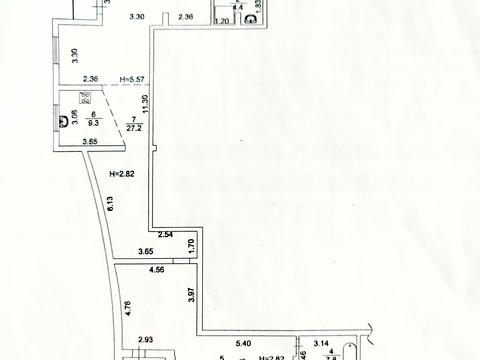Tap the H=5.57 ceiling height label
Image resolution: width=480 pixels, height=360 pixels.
[x=132, y=80]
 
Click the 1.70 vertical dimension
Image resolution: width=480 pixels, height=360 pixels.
[x=191, y=243]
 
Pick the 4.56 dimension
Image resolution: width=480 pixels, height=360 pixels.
[x=157, y=270]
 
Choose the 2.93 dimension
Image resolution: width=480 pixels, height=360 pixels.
[x=146, y=341]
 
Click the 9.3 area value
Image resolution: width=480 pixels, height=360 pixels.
[x=93, y=124]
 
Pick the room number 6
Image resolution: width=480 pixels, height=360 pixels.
[x=93, y=115]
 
